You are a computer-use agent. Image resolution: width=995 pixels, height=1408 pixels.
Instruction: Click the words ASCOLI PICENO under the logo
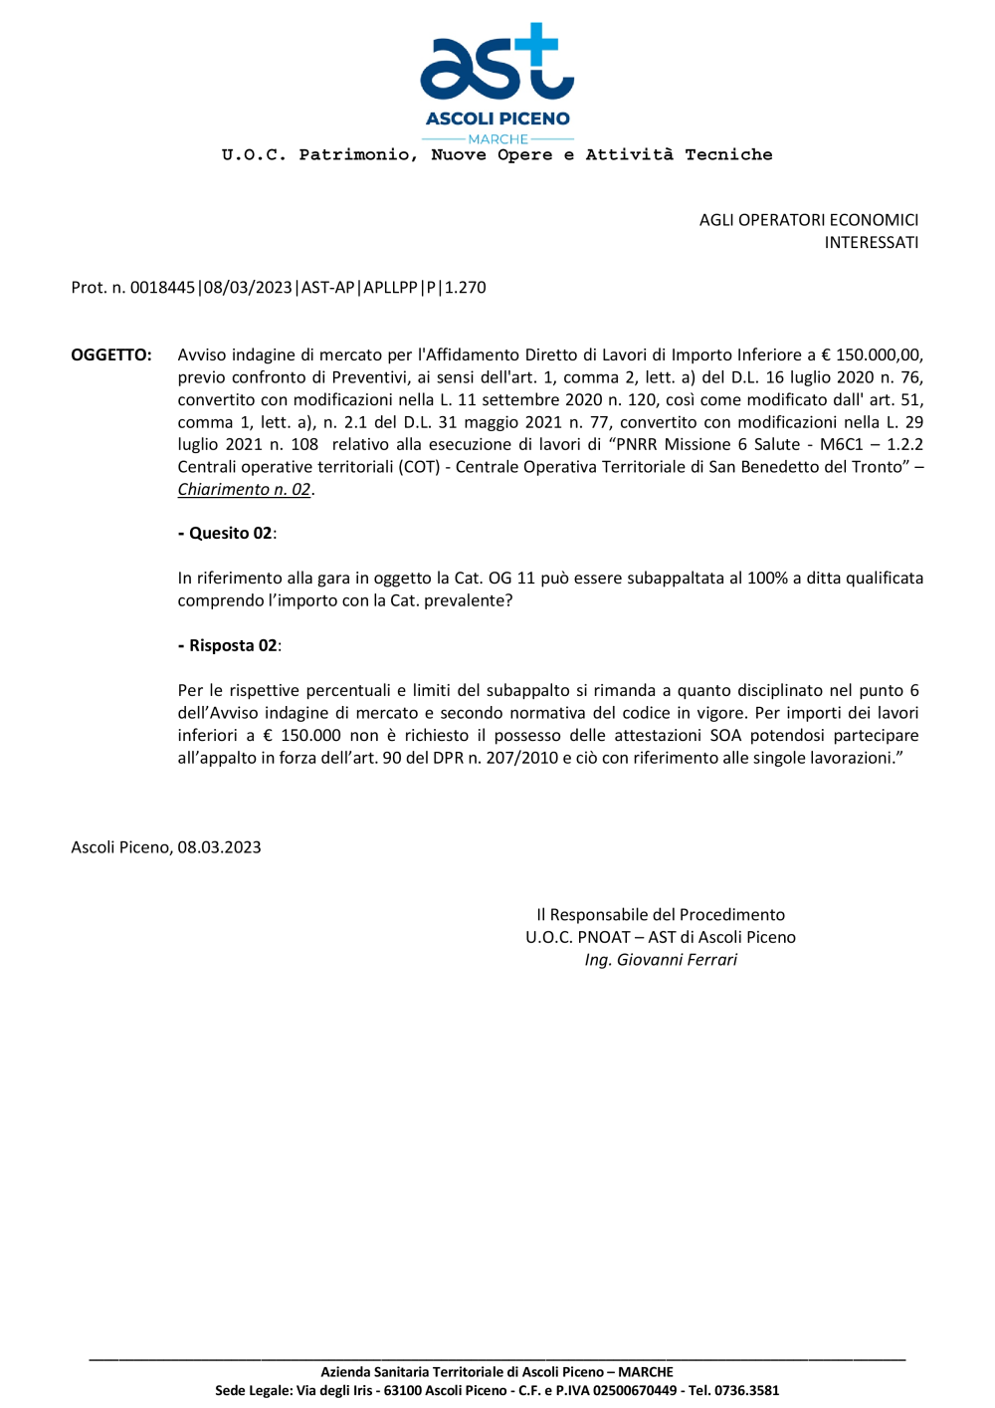[x=497, y=118]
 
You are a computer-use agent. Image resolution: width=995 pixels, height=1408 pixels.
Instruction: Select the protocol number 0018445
[x=162, y=288]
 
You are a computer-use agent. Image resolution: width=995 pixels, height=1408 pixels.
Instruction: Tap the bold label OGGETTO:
[x=111, y=354]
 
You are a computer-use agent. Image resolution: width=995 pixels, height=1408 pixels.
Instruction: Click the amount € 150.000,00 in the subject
[x=872, y=354]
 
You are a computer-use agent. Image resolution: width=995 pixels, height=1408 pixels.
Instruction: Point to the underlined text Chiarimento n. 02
[x=244, y=489]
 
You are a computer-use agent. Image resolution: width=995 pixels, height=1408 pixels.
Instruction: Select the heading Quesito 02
[x=230, y=534]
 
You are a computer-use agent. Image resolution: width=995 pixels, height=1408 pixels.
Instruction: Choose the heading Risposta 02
[x=233, y=645]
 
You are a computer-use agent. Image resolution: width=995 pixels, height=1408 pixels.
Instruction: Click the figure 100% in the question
[x=766, y=579]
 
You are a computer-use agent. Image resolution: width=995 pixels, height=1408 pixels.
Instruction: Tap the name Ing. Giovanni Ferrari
[x=661, y=960]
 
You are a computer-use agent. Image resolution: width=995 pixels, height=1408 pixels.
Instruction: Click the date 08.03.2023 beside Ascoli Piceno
[x=219, y=847]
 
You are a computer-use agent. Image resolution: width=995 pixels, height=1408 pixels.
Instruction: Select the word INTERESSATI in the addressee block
[x=871, y=242]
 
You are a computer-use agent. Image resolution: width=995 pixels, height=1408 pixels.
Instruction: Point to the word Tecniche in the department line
[x=728, y=154]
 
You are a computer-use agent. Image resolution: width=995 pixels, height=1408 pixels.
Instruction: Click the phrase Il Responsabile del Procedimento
[x=661, y=915]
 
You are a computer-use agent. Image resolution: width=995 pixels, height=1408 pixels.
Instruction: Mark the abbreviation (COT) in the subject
[x=420, y=467]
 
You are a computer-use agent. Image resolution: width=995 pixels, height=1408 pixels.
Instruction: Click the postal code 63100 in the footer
[x=404, y=1390]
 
